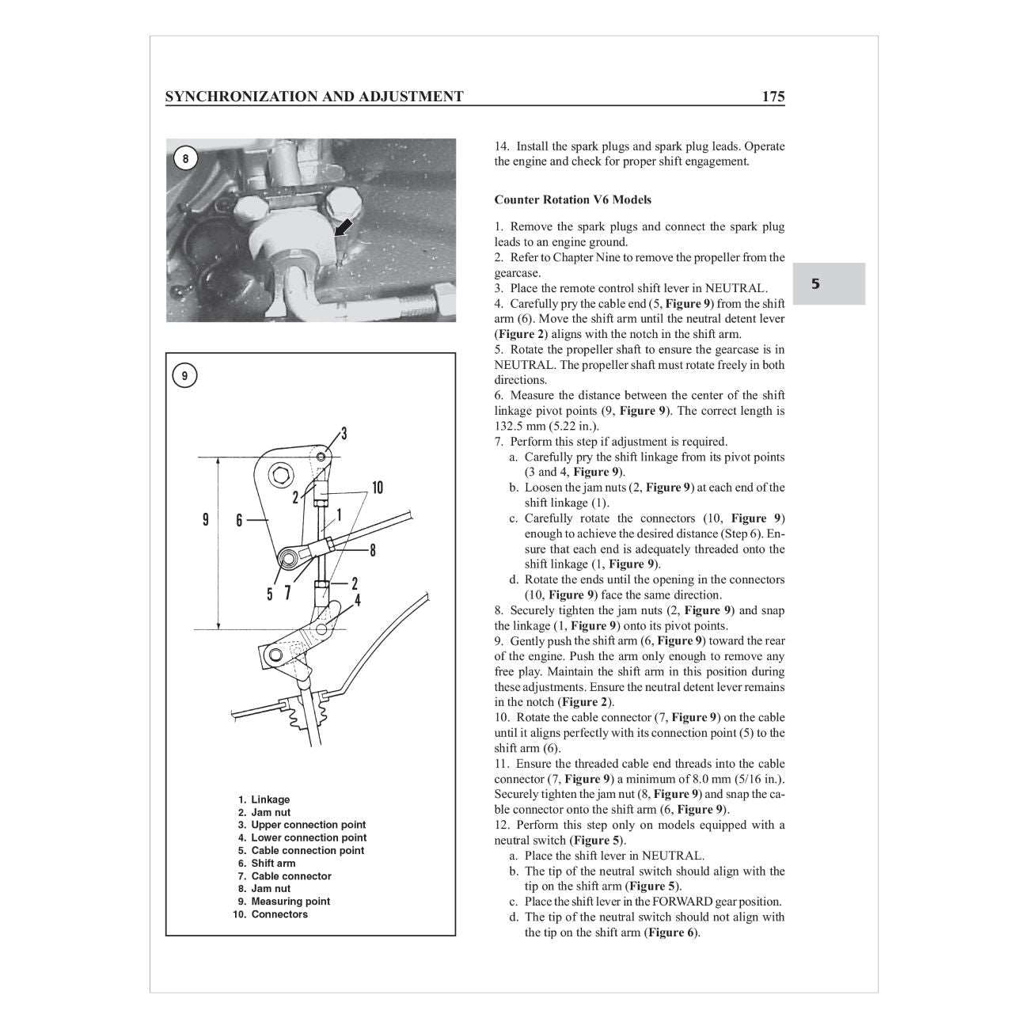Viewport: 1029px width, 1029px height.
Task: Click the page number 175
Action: (773, 97)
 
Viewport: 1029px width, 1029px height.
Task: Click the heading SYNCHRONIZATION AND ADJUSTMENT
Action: (314, 97)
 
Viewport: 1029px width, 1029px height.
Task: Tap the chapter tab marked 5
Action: (815, 284)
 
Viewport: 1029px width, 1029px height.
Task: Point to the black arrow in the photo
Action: (342, 229)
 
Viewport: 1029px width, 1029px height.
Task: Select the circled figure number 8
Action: (185, 159)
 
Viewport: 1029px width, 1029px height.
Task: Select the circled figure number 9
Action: (185, 376)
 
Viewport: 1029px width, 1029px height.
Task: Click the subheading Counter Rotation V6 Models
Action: (572, 199)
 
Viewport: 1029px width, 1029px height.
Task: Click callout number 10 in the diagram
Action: (377, 488)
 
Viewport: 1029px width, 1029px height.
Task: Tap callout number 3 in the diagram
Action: (344, 434)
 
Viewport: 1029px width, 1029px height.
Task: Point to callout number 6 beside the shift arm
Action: (238, 520)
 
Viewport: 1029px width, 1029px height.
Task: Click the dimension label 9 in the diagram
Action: (206, 520)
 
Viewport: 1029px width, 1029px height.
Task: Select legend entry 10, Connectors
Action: (278, 914)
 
